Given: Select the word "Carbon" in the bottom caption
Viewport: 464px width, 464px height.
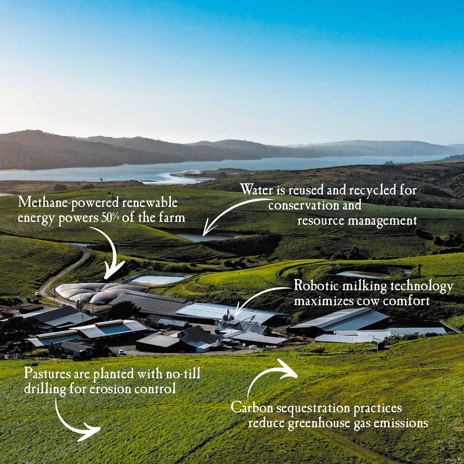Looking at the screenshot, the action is [252, 407].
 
